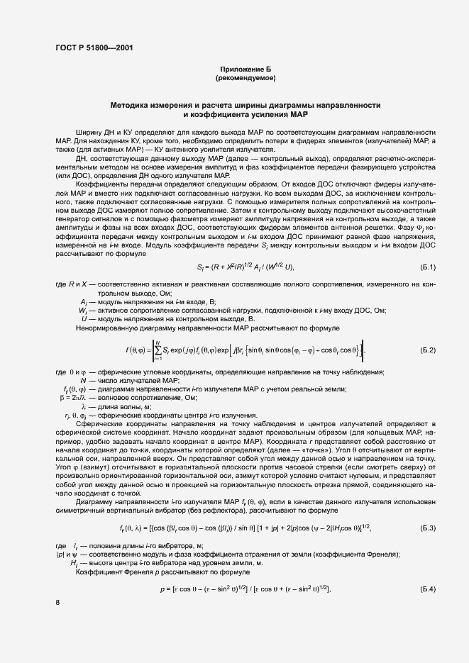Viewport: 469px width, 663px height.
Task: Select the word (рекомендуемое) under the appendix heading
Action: (245, 77)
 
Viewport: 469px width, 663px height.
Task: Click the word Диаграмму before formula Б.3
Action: (96, 502)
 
